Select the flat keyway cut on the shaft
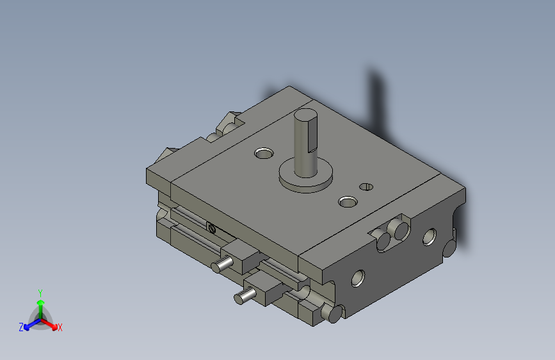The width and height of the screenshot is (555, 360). click(x=313, y=136)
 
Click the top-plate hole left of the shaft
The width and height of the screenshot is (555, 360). click(x=263, y=153)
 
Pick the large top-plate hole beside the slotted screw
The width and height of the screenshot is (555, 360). click(x=348, y=202)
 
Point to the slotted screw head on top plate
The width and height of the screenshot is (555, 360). click(x=366, y=186)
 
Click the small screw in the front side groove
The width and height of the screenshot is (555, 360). click(x=211, y=226)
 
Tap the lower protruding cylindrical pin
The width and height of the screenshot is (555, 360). click(x=244, y=297)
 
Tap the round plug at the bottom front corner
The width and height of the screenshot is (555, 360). click(x=334, y=313)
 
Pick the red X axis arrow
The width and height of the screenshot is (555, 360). click(x=52, y=323)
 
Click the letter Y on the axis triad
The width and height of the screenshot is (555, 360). click(x=40, y=291)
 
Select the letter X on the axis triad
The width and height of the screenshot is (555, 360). click(x=60, y=327)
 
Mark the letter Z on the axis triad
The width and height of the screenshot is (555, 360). click(x=21, y=327)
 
